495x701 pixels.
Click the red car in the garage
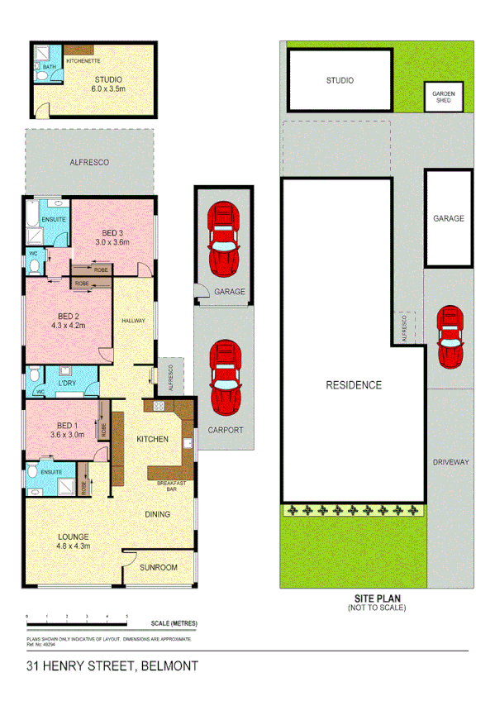point(223,239)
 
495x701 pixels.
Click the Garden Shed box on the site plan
point(444,98)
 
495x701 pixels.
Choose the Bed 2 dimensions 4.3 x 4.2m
point(69,326)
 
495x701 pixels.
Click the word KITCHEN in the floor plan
point(152,439)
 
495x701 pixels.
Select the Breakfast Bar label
point(174,486)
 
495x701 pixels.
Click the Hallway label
point(134,322)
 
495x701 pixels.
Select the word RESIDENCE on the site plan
point(353,385)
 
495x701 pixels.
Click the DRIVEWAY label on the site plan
point(450,461)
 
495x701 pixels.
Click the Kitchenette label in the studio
point(83,61)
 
